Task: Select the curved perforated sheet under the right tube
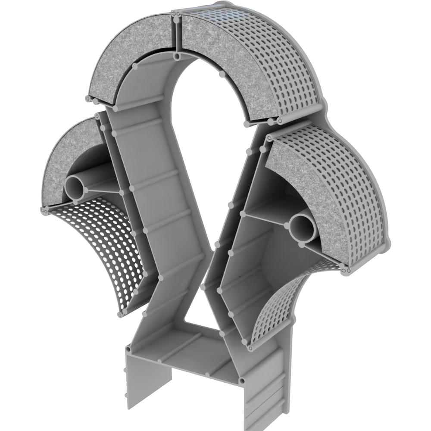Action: [280, 310]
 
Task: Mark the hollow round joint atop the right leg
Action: [243, 381]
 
